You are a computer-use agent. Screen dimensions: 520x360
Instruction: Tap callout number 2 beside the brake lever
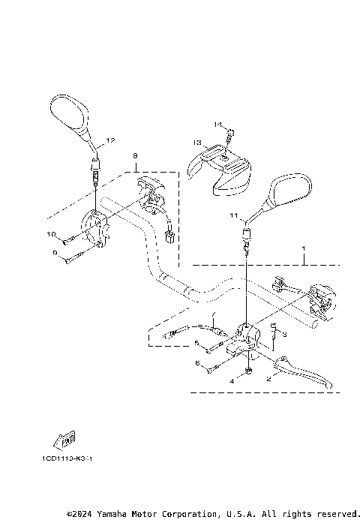pos(268,379)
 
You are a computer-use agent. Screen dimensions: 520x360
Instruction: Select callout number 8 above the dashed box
pos(136,156)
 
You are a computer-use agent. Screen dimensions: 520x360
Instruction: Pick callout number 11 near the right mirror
pos(233,216)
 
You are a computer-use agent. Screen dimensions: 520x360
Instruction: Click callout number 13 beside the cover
pos(196,142)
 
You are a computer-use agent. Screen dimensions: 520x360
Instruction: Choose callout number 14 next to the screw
pos(217,124)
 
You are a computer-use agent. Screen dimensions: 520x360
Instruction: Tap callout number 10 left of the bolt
pos(52,234)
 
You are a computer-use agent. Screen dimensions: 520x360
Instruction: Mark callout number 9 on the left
pos(55,254)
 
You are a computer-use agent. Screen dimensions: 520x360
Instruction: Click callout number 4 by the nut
pos(232,381)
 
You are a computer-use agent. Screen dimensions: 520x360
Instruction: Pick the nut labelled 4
pos(248,373)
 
